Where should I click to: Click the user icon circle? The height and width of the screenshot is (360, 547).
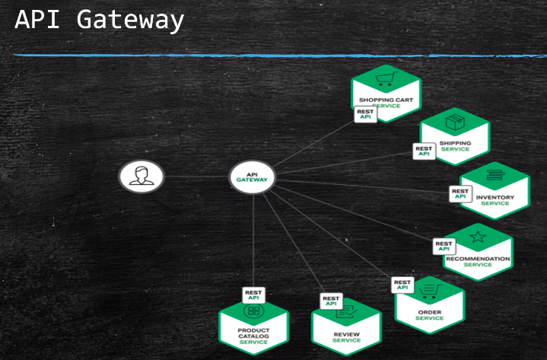tap(142, 177)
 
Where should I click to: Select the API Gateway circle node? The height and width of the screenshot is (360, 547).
tap(253, 177)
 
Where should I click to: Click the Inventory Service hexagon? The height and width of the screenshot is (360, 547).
tap(495, 191)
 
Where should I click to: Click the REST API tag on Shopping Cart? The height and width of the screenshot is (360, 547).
tap(365, 114)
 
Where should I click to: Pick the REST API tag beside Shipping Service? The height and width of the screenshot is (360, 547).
tap(424, 151)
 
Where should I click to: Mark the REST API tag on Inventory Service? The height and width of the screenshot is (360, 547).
tap(460, 193)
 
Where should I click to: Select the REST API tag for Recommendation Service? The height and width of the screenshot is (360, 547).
tap(444, 246)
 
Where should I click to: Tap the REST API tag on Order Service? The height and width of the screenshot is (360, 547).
tap(402, 285)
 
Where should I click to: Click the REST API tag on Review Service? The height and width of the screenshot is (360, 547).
tap(331, 301)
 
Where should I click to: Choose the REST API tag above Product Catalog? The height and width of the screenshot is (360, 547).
tap(253, 295)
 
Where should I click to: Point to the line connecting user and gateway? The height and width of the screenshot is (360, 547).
tap(196, 177)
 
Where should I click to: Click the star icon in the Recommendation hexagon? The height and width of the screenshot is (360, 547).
tap(477, 237)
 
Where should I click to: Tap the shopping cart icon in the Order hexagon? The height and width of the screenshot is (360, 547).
tap(431, 290)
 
